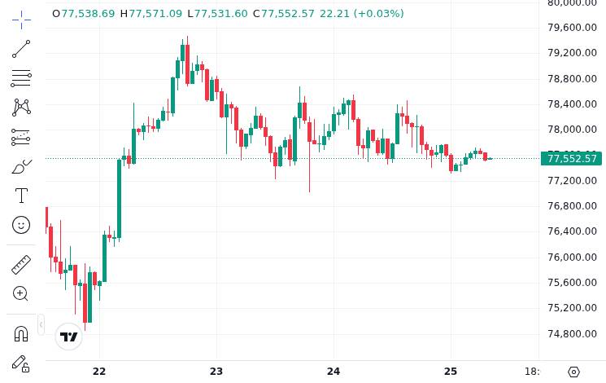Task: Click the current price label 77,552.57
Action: point(572,159)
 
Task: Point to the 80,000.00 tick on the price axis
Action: point(572,3)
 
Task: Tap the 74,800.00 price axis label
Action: point(572,333)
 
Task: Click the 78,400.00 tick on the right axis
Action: point(572,104)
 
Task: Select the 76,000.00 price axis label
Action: point(572,258)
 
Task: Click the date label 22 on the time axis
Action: point(99,372)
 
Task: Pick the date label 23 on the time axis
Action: point(216,372)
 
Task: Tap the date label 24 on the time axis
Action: point(334,372)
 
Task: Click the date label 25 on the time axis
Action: point(451,372)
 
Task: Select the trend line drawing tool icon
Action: point(21,50)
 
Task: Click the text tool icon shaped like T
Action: point(21,196)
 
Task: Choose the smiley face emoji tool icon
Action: point(21,225)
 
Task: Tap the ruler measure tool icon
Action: point(21,264)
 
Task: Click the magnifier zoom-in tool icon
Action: point(21,293)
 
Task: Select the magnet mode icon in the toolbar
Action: point(21,333)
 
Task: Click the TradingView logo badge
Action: point(69,337)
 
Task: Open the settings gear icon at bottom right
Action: point(573,372)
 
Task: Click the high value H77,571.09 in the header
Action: point(151,14)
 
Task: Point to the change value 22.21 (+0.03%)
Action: point(361,14)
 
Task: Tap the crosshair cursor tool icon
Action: point(21,19)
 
